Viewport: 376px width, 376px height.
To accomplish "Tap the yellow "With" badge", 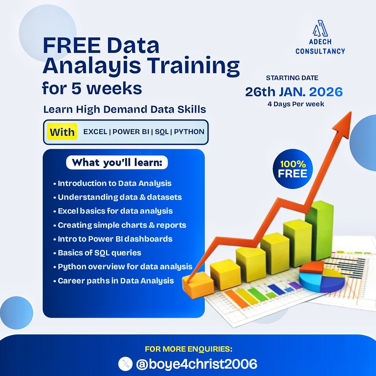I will pos(62,132).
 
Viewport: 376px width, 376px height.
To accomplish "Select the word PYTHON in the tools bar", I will pos(189,132).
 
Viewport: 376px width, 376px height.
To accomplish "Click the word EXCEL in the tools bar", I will pos(95,132).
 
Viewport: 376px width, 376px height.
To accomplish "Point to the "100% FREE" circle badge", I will pos(292,169).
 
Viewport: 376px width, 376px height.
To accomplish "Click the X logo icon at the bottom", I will pos(125,364).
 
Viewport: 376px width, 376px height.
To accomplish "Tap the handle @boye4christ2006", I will pos(196,364).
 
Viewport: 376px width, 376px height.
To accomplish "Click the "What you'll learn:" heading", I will pos(117,163).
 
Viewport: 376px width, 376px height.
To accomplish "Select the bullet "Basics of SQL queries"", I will pos(99,253).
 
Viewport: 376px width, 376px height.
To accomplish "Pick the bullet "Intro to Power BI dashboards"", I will pos(115,239).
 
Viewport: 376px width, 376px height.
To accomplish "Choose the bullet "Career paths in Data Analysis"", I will pos(116,280).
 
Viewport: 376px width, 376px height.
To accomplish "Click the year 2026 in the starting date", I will pos(326,92).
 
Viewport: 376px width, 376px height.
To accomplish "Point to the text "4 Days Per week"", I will pos(296,104).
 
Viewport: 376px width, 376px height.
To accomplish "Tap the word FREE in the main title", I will pos(72,45).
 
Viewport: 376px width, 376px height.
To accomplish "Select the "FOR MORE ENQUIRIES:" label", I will pos(189,349).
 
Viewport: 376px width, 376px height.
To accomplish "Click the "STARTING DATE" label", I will pos(292,78).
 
